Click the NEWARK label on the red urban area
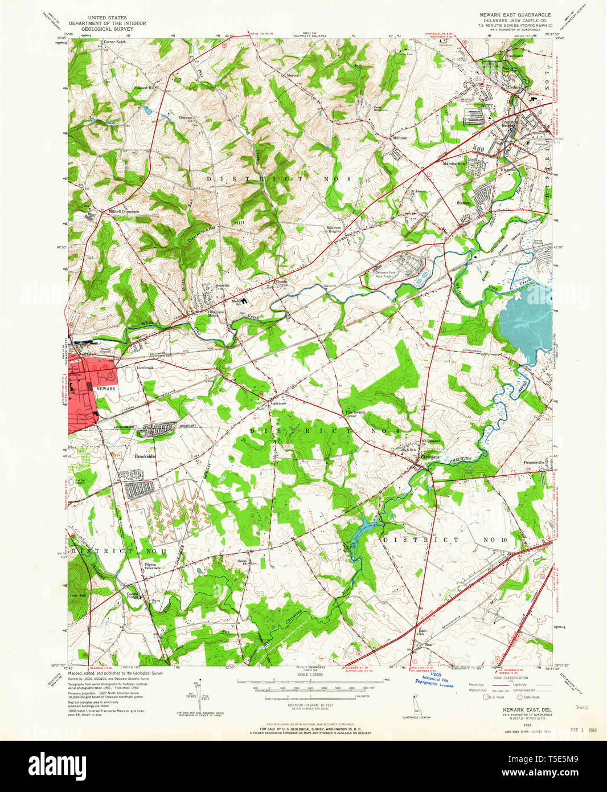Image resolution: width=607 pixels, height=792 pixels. point(105,389)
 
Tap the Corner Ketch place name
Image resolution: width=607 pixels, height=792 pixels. point(114,42)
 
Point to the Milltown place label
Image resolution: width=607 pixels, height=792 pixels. point(400,138)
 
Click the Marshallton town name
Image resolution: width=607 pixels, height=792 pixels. point(454,164)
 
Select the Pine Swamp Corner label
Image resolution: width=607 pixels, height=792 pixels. point(355,414)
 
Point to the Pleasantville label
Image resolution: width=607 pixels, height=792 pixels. point(534,462)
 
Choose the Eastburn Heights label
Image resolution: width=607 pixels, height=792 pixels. point(334,229)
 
